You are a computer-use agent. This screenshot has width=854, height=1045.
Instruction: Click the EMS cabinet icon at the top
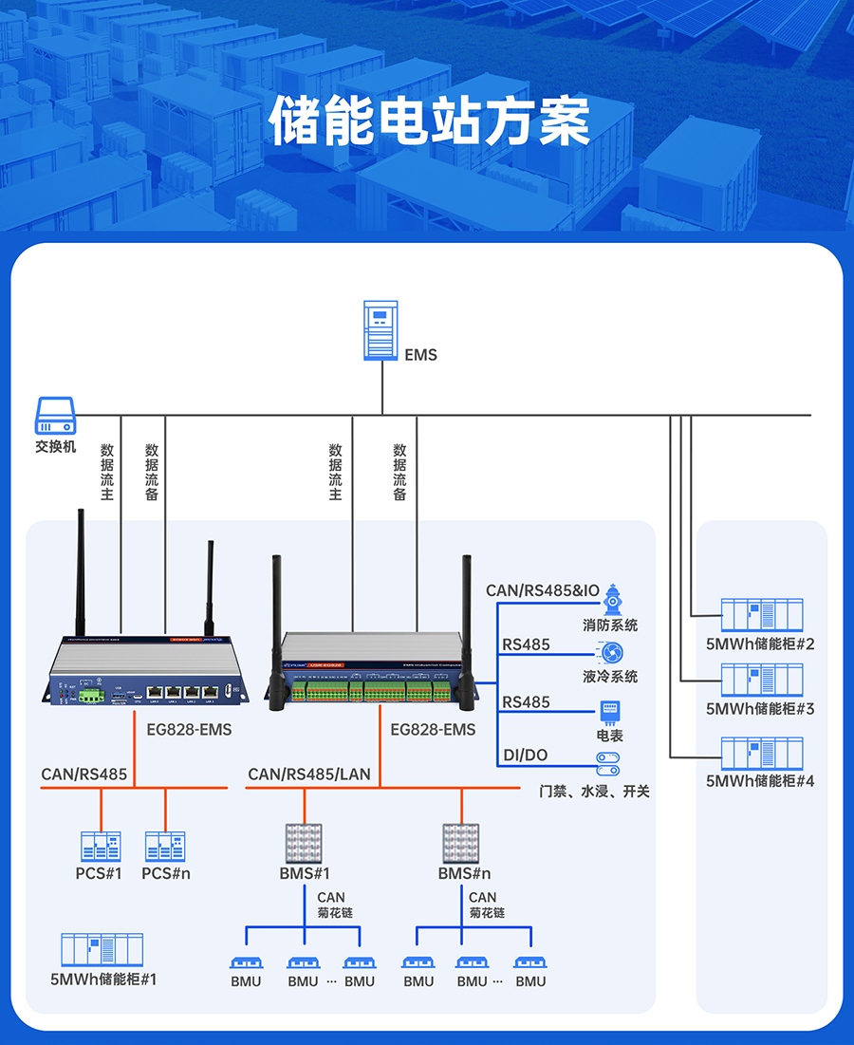click(381, 330)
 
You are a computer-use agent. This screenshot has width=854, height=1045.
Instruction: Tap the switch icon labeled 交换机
click(55, 417)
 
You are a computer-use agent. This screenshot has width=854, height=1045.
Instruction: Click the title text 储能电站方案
click(430, 121)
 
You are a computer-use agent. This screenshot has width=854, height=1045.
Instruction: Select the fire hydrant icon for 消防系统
click(613, 600)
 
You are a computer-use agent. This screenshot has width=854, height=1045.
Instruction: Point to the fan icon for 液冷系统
click(612, 653)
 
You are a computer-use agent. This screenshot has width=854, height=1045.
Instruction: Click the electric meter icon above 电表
click(609, 712)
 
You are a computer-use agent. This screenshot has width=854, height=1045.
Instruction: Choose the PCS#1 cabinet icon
click(101, 846)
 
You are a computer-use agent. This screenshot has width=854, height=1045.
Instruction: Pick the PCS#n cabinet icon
click(165, 846)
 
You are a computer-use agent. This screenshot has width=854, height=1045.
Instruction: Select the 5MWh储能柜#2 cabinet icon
click(761, 615)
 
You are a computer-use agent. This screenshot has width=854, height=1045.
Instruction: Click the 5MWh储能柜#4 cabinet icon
click(761, 754)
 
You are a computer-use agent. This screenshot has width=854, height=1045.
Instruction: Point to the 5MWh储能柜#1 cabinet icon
click(102, 950)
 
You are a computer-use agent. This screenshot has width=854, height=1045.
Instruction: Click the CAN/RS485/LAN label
click(309, 774)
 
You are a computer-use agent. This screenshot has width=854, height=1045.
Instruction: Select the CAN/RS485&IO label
click(543, 590)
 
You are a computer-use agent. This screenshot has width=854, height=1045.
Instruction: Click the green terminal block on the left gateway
click(91, 695)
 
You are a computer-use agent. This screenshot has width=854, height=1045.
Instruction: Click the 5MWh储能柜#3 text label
click(760, 709)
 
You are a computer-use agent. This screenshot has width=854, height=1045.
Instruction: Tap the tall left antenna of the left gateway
click(81, 569)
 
